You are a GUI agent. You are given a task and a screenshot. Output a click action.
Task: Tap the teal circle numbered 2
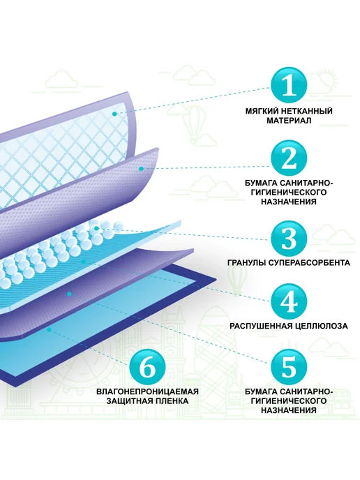[x=289, y=158]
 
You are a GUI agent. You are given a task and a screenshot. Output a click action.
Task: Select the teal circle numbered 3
[x=289, y=238]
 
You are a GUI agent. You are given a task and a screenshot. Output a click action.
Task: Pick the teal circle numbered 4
[x=289, y=301]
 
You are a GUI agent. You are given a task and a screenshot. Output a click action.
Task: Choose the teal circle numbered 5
[x=289, y=367]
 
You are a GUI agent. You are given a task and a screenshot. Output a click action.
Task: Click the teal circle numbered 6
[x=147, y=367]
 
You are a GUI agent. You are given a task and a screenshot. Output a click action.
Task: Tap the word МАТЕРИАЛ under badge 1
[x=289, y=121]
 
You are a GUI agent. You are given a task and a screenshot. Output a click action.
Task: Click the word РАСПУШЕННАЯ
[x=261, y=326]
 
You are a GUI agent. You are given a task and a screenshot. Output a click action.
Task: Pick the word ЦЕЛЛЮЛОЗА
[x=321, y=326]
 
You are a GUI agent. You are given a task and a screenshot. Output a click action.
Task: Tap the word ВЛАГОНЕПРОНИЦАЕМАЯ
[x=147, y=391]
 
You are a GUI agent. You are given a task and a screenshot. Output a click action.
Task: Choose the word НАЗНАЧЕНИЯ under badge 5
[x=289, y=410]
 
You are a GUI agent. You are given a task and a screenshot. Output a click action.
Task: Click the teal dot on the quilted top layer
[x=114, y=114]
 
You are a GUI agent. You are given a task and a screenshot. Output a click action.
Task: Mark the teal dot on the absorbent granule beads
[x=97, y=228]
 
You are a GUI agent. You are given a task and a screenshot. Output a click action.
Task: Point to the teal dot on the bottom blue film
[x=50, y=329]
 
